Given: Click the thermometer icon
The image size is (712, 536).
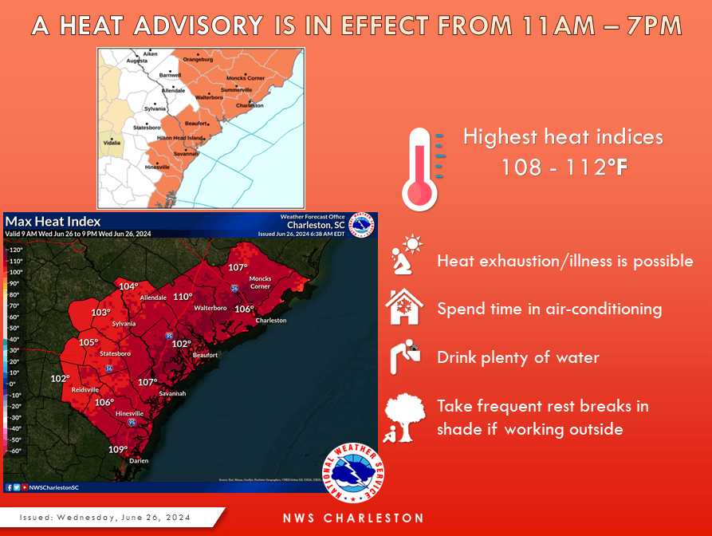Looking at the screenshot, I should (x=419, y=168).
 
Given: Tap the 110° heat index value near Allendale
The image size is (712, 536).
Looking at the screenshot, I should (x=183, y=297).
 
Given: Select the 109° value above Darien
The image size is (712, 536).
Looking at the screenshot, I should (x=118, y=449).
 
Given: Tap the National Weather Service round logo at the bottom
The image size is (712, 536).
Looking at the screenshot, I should (x=351, y=475).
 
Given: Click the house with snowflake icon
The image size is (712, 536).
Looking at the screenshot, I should (x=404, y=307).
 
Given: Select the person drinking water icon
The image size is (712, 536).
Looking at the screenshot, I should (x=405, y=357).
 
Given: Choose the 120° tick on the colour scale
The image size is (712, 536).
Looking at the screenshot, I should (x=14, y=250).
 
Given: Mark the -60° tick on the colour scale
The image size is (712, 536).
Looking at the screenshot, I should (x=14, y=451).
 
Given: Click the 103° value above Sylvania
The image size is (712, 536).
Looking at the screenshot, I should (x=100, y=313).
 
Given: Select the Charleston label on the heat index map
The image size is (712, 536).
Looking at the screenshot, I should (x=270, y=321).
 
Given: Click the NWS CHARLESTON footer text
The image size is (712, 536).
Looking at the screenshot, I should (x=353, y=518).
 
